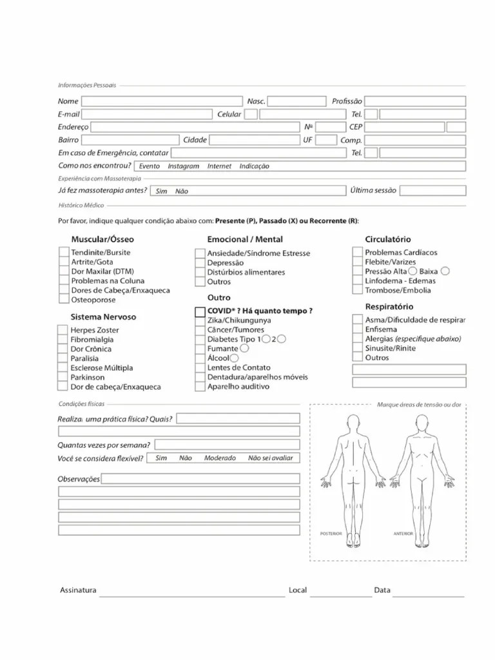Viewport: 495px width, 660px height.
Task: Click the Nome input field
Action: [161, 101]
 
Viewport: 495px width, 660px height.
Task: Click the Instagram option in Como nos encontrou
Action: [183, 166]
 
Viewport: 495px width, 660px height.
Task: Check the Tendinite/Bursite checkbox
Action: [63, 253]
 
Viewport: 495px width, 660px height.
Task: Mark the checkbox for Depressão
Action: [200, 263]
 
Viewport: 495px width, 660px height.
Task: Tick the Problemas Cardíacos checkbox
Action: [357, 253]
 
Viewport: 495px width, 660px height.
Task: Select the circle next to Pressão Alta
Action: [412, 271]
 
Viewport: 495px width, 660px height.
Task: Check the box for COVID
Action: [200, 311]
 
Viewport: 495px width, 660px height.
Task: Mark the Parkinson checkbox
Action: [63, 377]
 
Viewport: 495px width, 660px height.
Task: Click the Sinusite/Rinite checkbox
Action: [357, 348]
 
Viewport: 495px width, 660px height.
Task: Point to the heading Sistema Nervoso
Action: [103, 317]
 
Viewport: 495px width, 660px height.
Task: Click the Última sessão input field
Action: [432, 191]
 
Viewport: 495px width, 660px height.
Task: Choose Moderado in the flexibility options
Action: [220, 458]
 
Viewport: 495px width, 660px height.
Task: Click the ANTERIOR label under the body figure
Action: [403, 534]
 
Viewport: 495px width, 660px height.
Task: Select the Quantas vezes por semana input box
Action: [227, 445]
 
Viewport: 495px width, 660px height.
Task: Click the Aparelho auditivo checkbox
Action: [200, 387]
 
